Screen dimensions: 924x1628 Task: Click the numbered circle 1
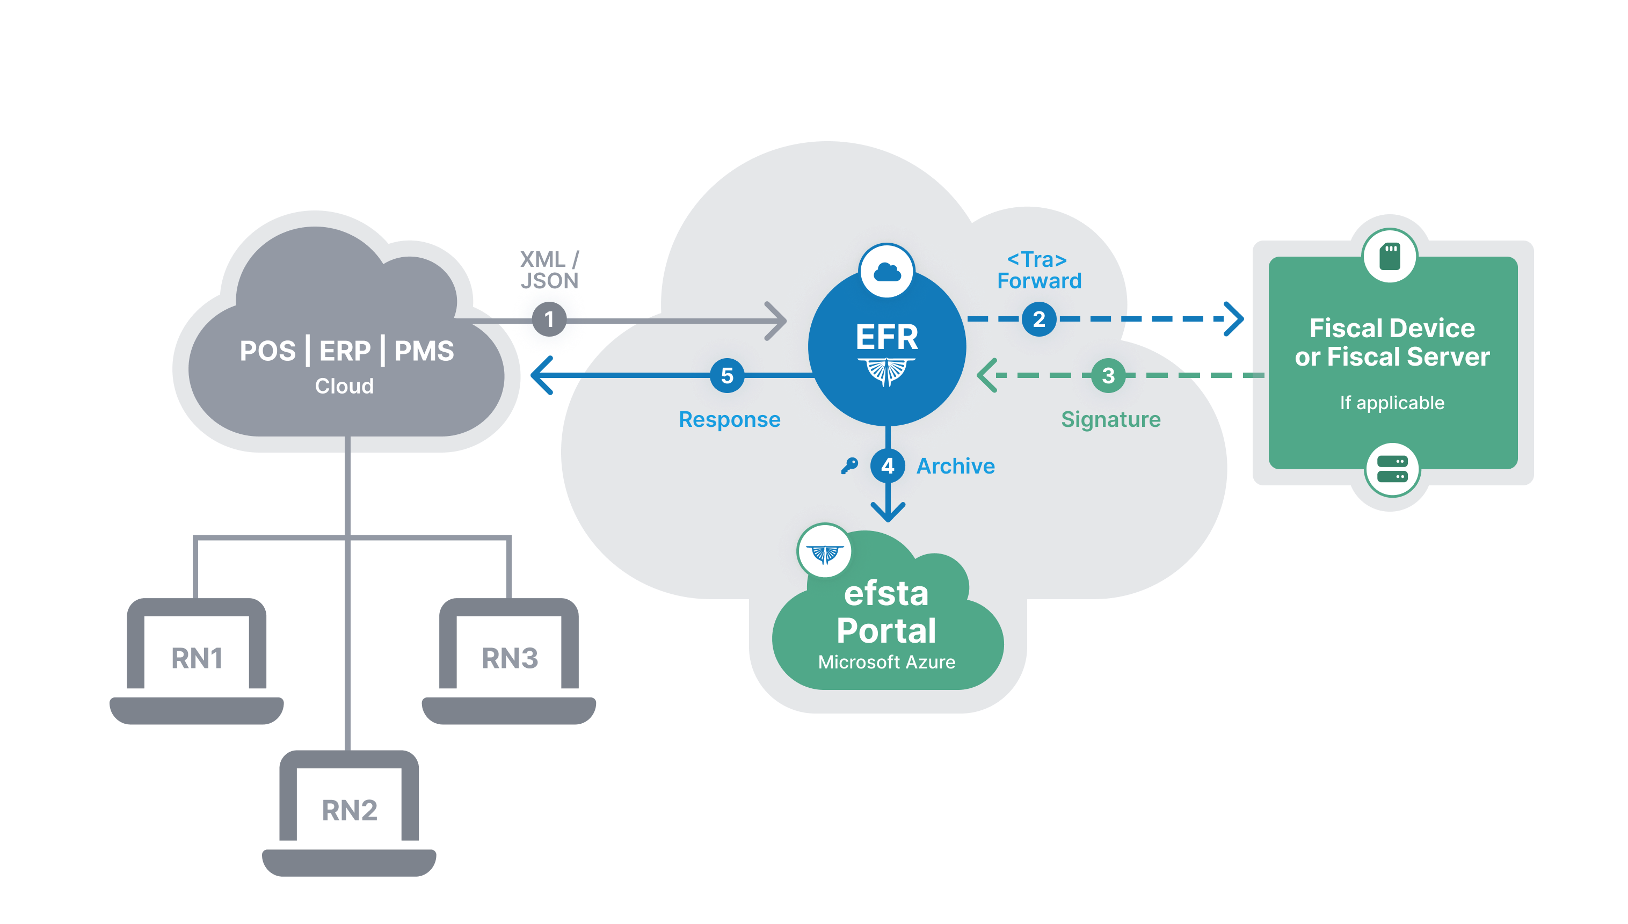(x=549, y=319)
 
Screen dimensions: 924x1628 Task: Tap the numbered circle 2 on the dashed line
(x=1038, y=319)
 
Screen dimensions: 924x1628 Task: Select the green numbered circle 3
(x=1108, y=376)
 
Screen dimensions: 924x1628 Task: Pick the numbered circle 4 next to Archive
(x=888, y=466)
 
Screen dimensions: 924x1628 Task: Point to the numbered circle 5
(x=727, y=376)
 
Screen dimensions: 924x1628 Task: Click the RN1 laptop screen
(x=197, y=653)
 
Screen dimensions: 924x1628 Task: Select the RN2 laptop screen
(x=349, y=806)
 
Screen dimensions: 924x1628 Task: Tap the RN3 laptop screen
(x=510, y=653)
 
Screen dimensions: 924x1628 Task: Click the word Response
(x=730, y=419)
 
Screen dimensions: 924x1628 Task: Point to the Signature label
(x=1111, y=419)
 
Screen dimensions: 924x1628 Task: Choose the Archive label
(x=955, y=466)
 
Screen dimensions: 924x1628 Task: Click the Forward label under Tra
(x=1039, y=281)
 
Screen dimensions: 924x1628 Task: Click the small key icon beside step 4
(x=849, y=466)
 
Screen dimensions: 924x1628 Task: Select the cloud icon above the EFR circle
(x=887, y=272)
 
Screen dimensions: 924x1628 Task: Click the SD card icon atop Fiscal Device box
(x=1390, y=257)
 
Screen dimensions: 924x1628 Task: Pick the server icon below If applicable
(x=1392, y=469)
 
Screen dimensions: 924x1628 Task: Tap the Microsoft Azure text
(x=886, y=662)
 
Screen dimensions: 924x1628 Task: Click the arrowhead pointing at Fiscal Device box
(x=1234, y=319)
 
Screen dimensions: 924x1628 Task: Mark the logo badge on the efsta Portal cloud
(x=825, y=552)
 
